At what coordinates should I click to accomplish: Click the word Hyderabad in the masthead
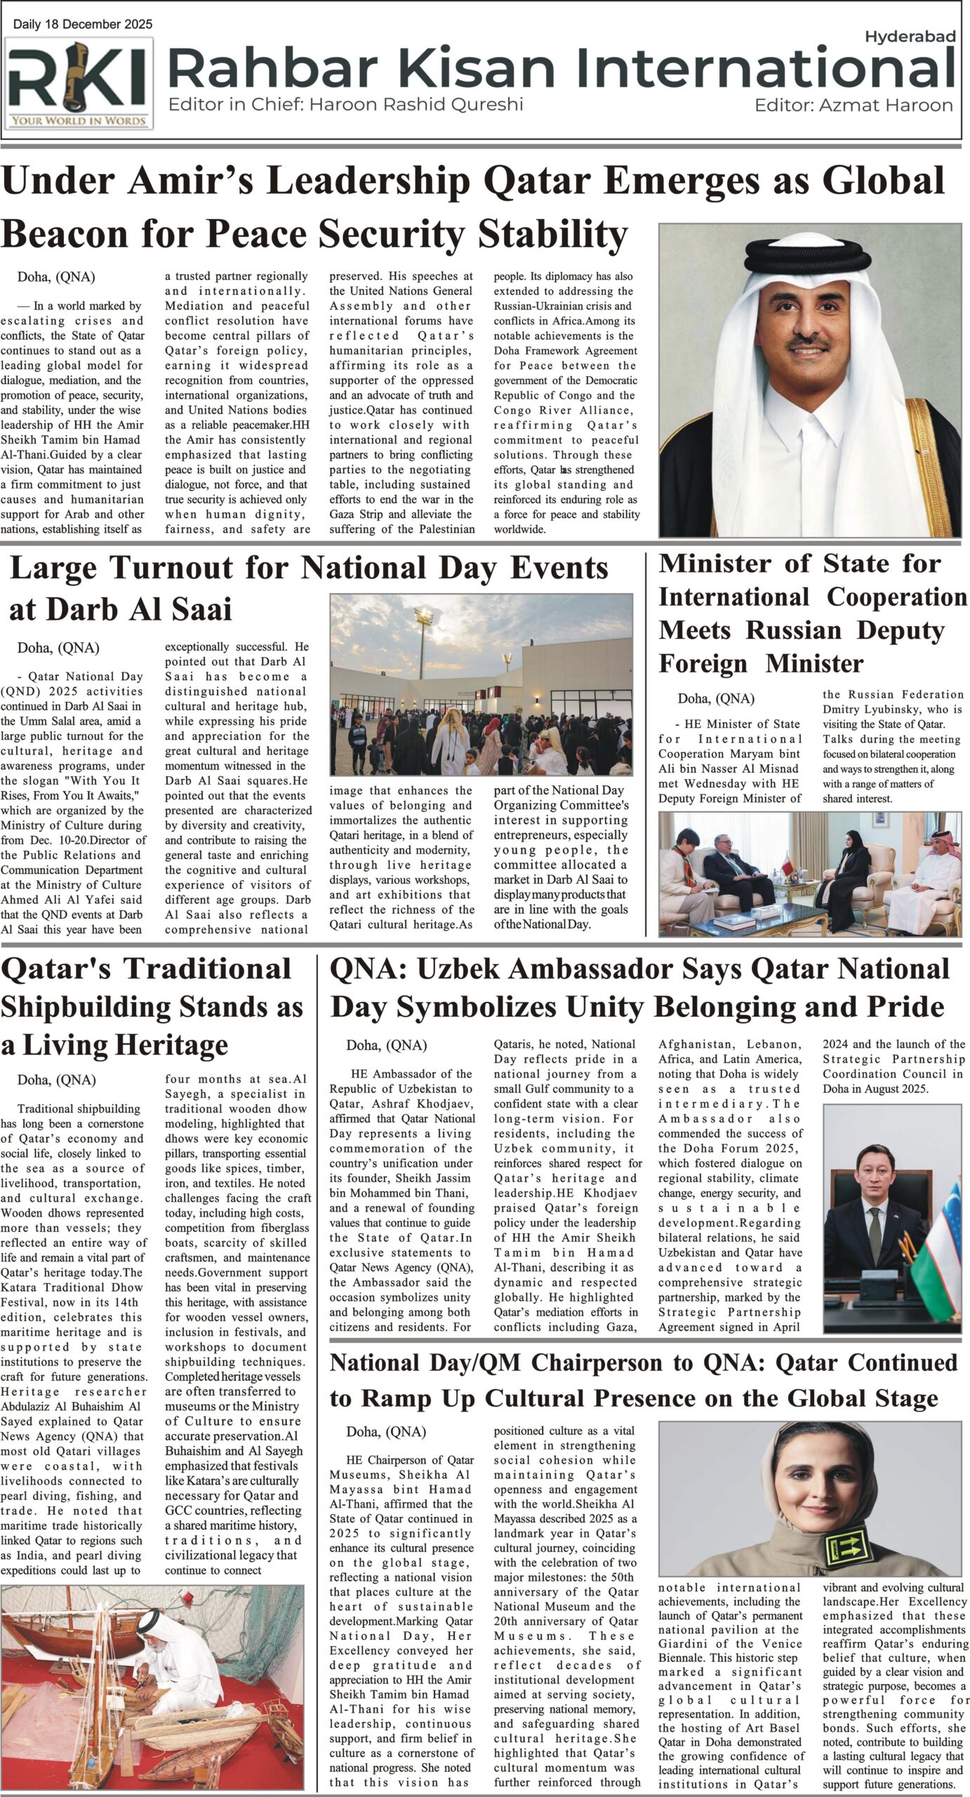click(x=910, y=37)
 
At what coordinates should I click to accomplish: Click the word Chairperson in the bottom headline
click(x=609, y=1362)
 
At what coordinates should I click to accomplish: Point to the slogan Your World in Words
click(x=78, y=121)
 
